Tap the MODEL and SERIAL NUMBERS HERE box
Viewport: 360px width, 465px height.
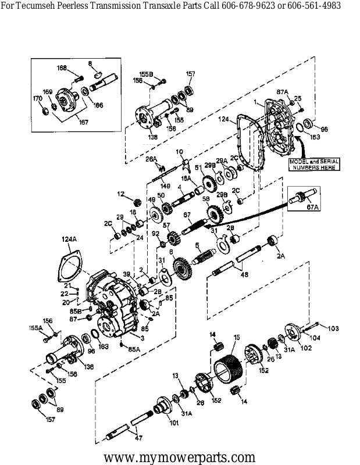(x=314, y=163)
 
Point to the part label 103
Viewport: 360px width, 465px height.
(x=332, y=328)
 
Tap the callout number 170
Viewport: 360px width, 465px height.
(x=37, y=99)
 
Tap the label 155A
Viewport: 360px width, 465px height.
(x=36, y=328)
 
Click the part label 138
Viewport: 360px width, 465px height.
(x=153, y=137)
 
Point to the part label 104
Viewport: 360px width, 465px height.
(x=315, y=337)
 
